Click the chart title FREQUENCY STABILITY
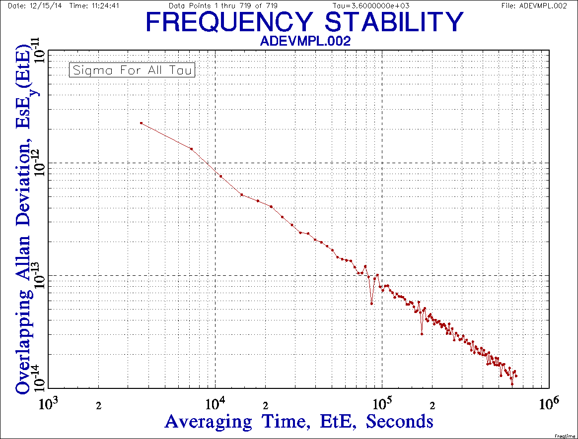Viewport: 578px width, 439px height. tap(305, 22)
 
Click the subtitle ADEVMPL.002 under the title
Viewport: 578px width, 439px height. tap(305, 41)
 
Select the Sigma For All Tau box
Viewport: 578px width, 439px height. tap(132, 70)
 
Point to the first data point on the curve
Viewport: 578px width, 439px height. tap(141, 123)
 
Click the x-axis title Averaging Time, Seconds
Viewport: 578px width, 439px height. tap(299, 422)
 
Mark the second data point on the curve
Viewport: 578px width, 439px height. tap(191, 149)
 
